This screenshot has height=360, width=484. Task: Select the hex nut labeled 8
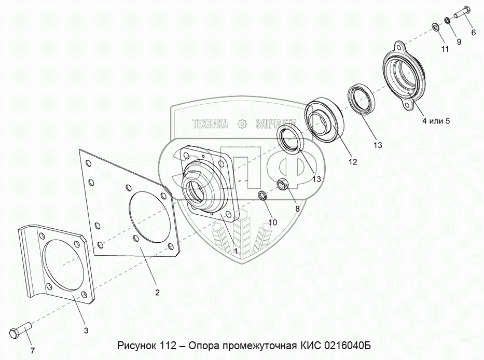[x=282, y=185]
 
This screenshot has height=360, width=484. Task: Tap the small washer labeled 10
[x=262, y=195]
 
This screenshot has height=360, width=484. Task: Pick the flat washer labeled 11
[x=436, y=27]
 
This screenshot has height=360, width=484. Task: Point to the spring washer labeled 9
[x=447, y=21]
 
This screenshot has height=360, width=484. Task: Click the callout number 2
[x=157, y=293]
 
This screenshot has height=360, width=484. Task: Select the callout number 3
[x=86, y=330]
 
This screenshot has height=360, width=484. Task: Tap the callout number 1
[x=236, y=251]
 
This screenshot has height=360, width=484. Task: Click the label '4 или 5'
[x=436, y=121]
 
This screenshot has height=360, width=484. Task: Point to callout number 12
[x=353, y=161]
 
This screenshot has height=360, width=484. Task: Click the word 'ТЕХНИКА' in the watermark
[x=210, y=124]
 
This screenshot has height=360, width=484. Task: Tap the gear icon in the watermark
[x=242, y=124]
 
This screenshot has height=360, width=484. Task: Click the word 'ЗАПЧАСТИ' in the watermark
[x=276, y=124]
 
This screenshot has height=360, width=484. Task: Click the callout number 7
[x=32, y=351]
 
